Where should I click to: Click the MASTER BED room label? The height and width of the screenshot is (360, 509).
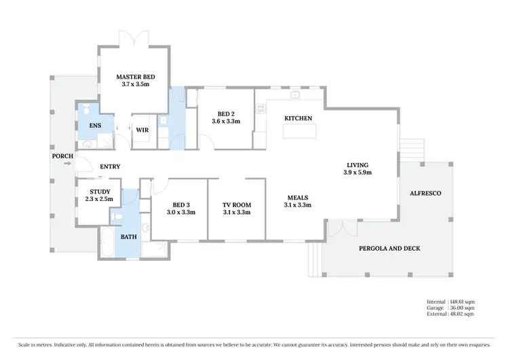click(x=136, y=77)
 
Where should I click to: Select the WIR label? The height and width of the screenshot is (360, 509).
click(x=142, y=130)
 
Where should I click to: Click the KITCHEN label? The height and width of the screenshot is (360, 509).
click(x=298, y=118)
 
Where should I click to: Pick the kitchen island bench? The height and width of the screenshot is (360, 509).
click(x=298, y=130)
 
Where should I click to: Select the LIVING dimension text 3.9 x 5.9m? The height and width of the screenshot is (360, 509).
click(x=357, y=173)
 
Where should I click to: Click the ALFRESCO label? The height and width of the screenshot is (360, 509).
click(x=426, y=194)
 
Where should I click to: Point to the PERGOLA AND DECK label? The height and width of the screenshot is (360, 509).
click(x=389, y=249)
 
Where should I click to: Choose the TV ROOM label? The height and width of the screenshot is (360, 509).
click(x=237, y=204)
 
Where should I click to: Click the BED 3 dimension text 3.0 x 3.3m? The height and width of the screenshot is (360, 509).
click(x=181, y=213)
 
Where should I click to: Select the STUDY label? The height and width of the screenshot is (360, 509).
click(x=100, y=192)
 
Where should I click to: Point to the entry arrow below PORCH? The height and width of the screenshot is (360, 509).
click(x=67, y=163)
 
